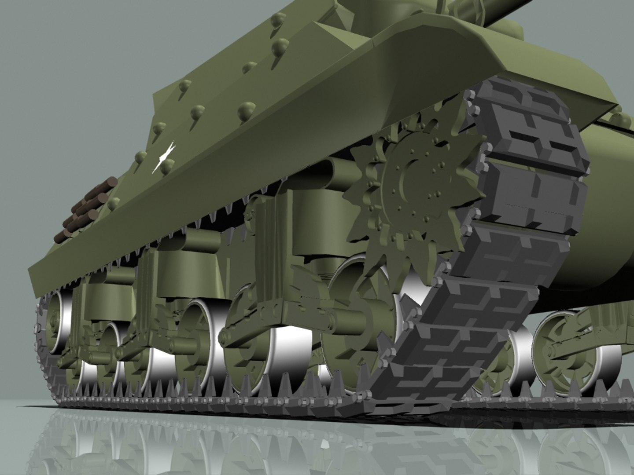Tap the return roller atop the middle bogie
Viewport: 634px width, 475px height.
(200, 240)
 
